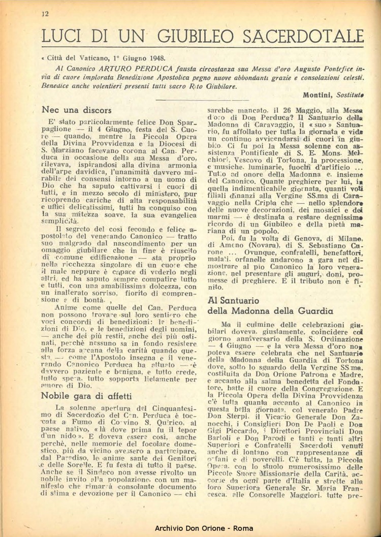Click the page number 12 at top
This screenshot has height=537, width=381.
pos(45,14)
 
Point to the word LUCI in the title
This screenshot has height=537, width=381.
pos(65,36)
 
